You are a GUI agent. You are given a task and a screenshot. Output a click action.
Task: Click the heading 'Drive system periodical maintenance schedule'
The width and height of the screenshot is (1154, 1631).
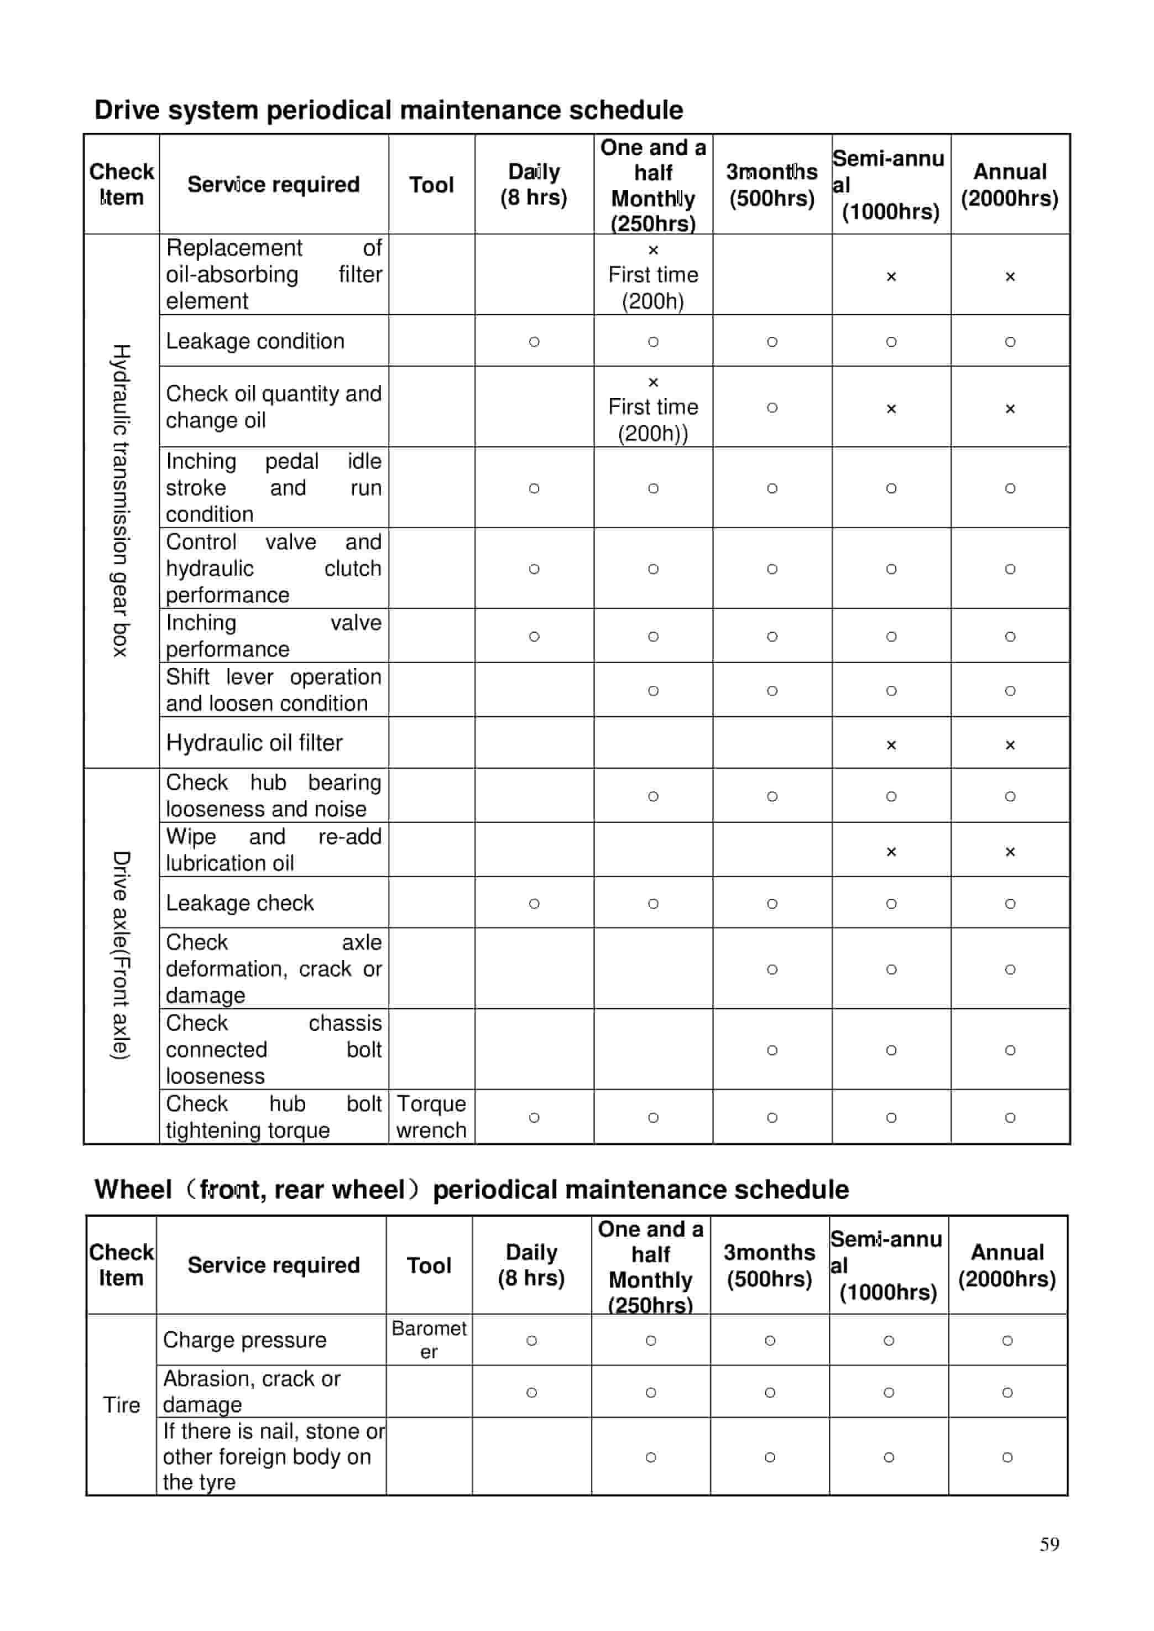pos(388,110)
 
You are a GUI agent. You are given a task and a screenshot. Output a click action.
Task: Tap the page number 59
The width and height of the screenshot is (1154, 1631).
pos(1049,1544)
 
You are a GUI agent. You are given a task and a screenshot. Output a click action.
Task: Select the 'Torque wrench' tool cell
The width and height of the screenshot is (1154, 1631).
pos(431,1117)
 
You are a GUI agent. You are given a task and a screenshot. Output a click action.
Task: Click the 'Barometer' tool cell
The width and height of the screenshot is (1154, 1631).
pos(429,1340)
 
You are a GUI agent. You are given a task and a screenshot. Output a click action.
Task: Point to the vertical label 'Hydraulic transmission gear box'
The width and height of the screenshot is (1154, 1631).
pos(121,501)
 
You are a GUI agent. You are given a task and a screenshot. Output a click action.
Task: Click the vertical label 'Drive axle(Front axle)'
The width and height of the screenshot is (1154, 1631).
pos(121,955)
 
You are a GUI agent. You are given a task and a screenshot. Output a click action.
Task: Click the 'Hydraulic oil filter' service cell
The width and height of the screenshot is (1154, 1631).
pos(254,743)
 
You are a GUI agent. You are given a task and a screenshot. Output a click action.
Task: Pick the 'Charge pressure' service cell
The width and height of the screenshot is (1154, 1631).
pos(244,1340)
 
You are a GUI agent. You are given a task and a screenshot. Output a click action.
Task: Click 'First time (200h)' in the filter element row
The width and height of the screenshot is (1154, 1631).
pos(652,287)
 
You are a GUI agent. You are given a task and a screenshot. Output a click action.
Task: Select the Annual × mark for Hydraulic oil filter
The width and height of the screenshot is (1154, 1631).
pos(1009,745)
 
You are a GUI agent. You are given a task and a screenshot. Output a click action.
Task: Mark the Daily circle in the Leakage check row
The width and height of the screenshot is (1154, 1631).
pos(534,903)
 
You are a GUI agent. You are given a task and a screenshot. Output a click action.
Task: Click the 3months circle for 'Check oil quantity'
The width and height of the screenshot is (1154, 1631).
pos(772,407)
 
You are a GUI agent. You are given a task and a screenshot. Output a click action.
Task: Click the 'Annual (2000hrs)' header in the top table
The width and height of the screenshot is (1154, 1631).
pos(1009,185)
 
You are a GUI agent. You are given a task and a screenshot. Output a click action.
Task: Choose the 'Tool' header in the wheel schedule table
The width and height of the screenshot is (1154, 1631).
pos(429,1265)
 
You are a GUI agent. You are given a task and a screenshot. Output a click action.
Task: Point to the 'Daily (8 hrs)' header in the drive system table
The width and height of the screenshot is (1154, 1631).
pos(534,185)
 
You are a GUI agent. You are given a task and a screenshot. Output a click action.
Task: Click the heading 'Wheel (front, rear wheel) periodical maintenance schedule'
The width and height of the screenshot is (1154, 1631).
pos(471,1190)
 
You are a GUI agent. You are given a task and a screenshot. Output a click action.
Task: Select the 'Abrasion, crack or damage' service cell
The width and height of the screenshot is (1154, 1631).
pos(252,1392)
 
